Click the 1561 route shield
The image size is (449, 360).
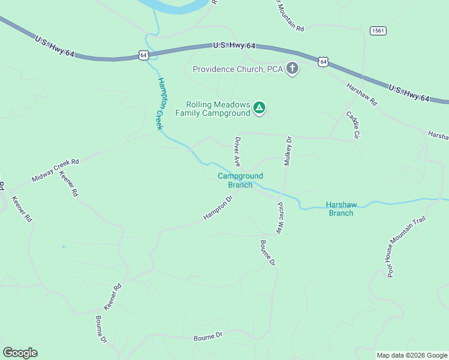(x=378, y=31)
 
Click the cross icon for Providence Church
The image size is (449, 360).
(x=292, y=68)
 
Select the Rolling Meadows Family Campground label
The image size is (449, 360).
(x=212, y=108)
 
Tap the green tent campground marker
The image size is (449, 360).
(x=259, y=108)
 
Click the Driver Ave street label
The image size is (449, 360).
(x=238, y=152)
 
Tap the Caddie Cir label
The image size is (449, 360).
(x=352, y=125)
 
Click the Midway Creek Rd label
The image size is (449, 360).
(x=56, y=170)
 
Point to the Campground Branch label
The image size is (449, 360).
(x=240, y=180)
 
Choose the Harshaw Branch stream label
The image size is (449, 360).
(x=341, y=208)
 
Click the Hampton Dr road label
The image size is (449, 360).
(x=217, y=208)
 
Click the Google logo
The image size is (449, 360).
(x=20, y=353)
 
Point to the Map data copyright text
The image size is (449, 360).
(x=412, y=355)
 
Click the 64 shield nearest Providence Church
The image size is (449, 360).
(x=324, y=61)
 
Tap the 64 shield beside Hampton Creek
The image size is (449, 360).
(x=143, y=55)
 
